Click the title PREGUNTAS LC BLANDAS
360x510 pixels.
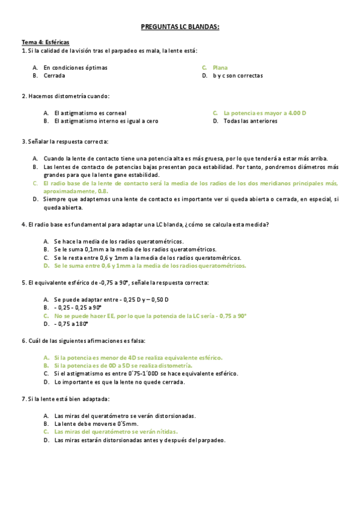pos(179,27)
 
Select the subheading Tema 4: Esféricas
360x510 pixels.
pos(46,42)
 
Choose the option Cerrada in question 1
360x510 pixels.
pos(55,76)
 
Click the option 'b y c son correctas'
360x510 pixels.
pos(237,76)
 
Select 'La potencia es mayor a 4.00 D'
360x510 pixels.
pos(265,113)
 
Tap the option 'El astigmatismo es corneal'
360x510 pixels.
pos(90,113)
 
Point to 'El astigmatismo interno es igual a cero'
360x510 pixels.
pos(106,121)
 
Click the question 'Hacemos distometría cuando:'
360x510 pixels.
pos(66,96)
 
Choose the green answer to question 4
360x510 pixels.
pos(150,265)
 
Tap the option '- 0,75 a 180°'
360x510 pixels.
pos(71,324)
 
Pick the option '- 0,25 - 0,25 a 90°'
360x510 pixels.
pos(80,307)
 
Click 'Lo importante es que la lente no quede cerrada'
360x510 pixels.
pos(120,381)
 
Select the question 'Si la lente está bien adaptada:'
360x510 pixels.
pos(66,399)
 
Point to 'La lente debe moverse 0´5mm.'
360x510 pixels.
pos(91,423)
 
